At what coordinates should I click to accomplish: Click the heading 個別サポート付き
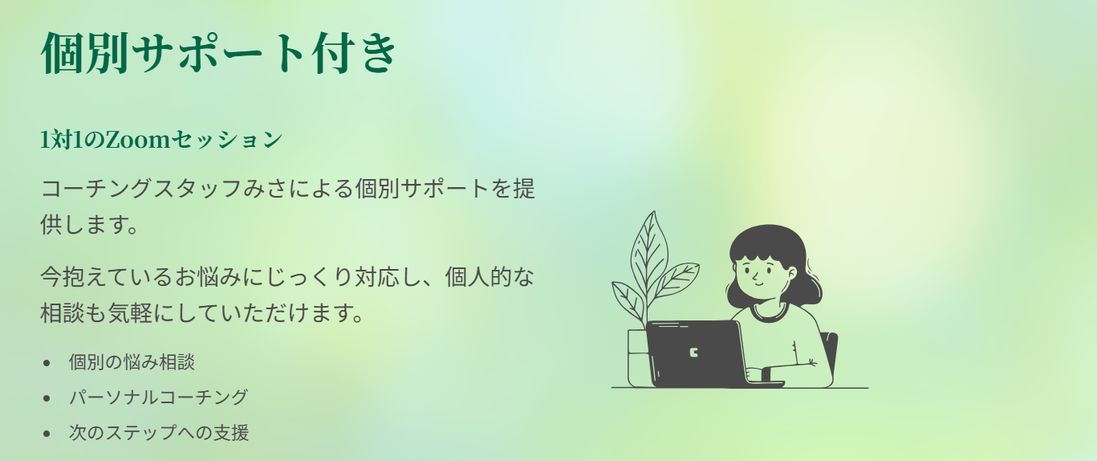pos(218,53)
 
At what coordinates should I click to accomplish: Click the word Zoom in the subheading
pos(137,140)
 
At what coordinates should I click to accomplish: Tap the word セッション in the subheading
pos(227,140)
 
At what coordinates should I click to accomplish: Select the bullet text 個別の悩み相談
pos(132,362)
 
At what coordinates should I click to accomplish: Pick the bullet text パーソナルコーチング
pos(158,398)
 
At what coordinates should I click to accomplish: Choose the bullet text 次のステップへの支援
pos(159,433)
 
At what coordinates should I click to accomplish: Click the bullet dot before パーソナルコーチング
pos(47,398)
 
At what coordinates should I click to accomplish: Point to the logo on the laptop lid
pos(693,353)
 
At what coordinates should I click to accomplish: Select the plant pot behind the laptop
pos(638,357)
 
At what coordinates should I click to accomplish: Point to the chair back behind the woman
pos(830,353)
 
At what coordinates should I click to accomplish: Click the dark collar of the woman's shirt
pos(770,313)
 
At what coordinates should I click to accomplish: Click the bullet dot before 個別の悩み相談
pos(47,364)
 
